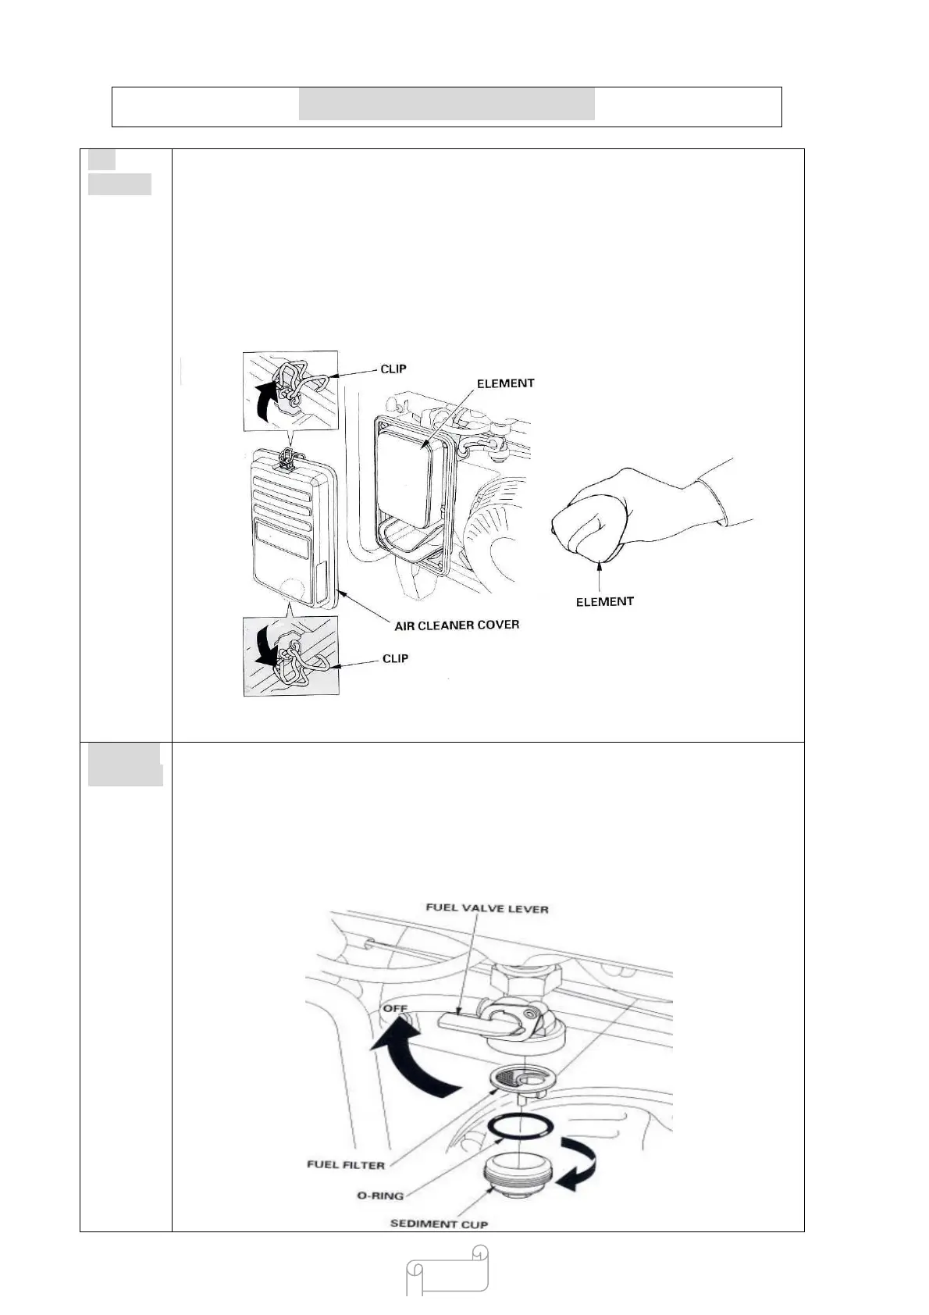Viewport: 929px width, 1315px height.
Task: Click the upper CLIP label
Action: pyautogui.click(x=393, y=369)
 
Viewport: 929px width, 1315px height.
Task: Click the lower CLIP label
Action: pyautogui.click(x=395, y=658)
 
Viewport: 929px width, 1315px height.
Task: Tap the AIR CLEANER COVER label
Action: pyautogui.click(x=457, y=625)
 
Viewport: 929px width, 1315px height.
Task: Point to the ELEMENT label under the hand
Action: pyautogui.click(x=604, y=601)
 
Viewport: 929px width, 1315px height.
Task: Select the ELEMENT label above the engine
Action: pyautogui.click(x=506, y=383)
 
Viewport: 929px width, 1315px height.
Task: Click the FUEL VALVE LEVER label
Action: pyautogui.click(x=487, y=909)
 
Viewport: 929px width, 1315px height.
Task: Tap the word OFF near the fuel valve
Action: pyautogui.click(x=395, y=1009)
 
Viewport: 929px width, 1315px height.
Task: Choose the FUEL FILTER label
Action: pyautogui.click(x=346, y=1165)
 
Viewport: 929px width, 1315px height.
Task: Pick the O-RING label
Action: pyautogui.click(x=381, y=1196)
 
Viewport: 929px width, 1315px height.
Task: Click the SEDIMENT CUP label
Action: pyautogui.click(x=439, y=1224)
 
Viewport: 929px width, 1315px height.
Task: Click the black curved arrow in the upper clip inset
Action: pyautogui.click(x=265, y=398)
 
